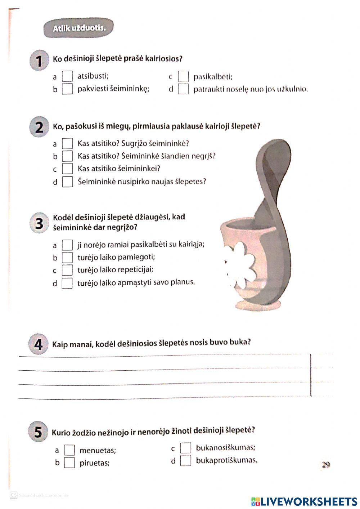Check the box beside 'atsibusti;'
[x=67, y=76]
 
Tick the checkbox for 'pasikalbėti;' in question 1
[x=183, y=77]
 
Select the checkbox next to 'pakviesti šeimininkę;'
[x=67, y=89]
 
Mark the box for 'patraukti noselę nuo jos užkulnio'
[x=183, y=89]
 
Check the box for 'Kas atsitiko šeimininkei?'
[x=67, y=169]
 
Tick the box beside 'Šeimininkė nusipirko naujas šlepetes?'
[x=67, y=182]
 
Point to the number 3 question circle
[x=39, y=223]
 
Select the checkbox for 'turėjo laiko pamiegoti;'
[x=67, y=258]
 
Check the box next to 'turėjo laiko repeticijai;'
[x=67, y=270]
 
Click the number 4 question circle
[x=38, y=345]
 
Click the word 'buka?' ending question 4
[x=240, y=341]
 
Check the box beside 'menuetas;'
[x=69, y=450]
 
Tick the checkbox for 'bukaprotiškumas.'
[x=186, y=460]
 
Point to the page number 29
[x=326, y=465]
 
